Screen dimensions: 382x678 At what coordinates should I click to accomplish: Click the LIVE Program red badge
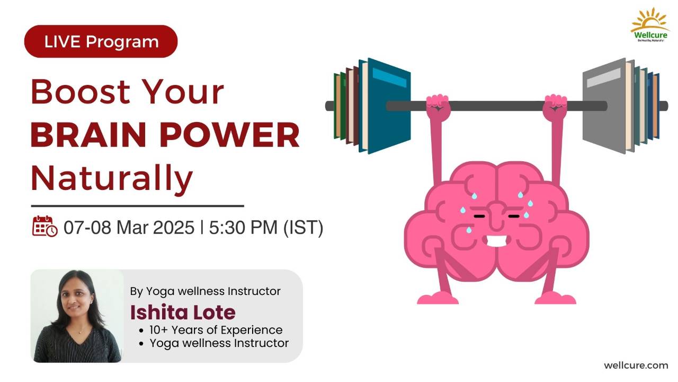pos(101,41)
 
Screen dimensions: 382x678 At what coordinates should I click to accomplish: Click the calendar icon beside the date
pos(44,226)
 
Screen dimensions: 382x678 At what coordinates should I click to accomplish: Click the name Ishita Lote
pos(183,312)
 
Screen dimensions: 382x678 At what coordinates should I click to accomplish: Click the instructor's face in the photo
pos(76,300)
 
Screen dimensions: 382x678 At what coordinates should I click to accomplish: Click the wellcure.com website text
pos(636,365)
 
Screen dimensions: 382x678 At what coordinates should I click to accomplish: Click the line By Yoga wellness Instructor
pos(205,291)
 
